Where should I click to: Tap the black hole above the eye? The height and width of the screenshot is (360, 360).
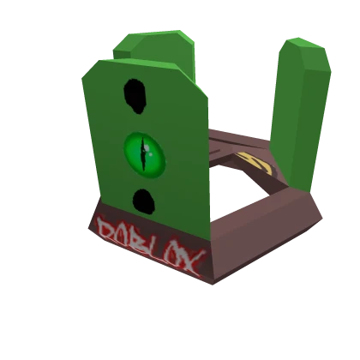pyautogui.click(x=135, y=95)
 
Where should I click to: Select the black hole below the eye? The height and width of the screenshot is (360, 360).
pyautogui.click(x=143, y=201)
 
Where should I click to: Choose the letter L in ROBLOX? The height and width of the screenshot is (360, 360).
pyautogui.click(x=159, y=248)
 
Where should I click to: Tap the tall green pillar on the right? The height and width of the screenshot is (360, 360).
pyautogui.click(x=300, y=111)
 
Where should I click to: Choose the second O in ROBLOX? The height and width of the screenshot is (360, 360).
pyautogui.click(x=176, y=255)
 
